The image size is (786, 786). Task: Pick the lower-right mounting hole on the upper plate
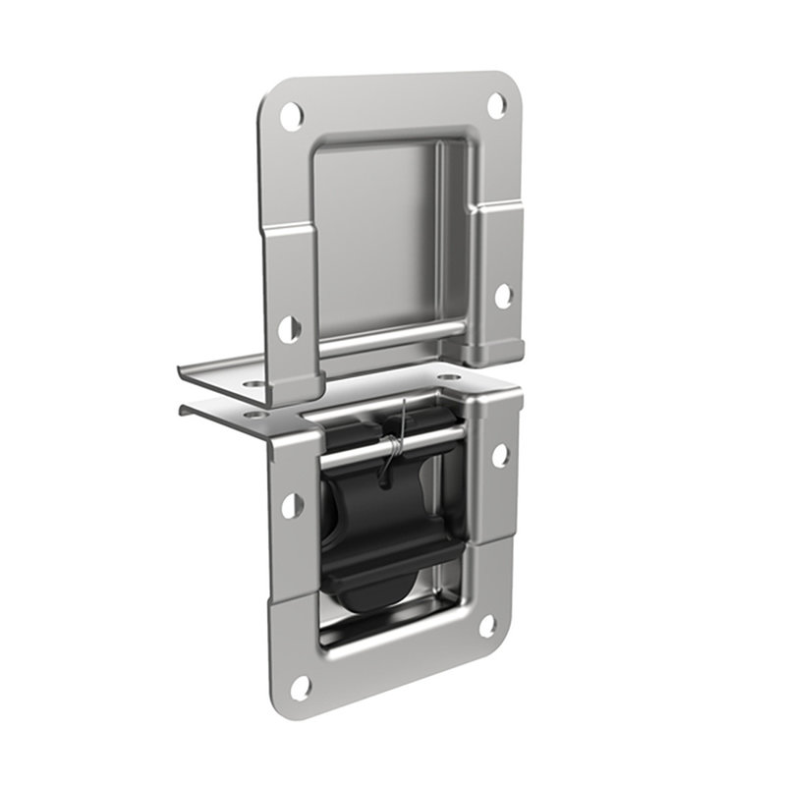click(x=501, y=294)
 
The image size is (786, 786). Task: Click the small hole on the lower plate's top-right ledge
click(x=448, y=377)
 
